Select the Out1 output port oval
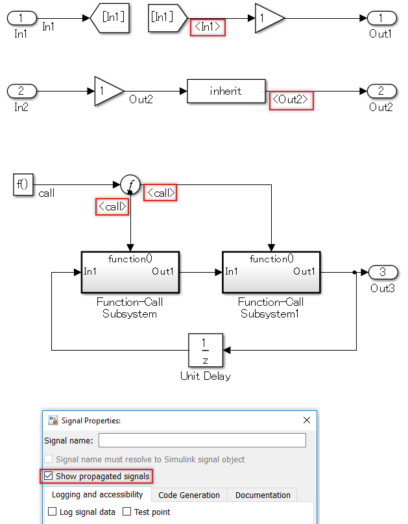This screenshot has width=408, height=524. click(x=380, y=18)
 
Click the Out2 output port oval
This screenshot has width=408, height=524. click(x=380, y=92)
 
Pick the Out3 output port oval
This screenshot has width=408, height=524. click(x=382, y=271)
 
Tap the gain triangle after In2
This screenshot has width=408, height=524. click(x=108, y=92)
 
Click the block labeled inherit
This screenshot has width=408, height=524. click(x=226, y=92)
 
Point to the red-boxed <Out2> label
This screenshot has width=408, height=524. click(x=291, y=101)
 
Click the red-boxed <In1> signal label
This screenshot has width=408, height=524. click(x=208, y=28)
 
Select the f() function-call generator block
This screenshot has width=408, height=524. click(x=23, y=184)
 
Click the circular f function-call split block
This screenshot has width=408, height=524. click(x=130, y=184)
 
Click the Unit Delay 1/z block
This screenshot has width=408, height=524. click(x=206, y=351)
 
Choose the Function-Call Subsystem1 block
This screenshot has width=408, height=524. click(x=271, y=271)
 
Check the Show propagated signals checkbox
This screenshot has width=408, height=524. click(x=49, y=477)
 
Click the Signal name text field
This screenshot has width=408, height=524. click(x=202, y=440)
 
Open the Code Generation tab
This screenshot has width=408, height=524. click(x=189, y=495)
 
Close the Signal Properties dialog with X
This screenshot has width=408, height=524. click(x=307, y=420)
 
